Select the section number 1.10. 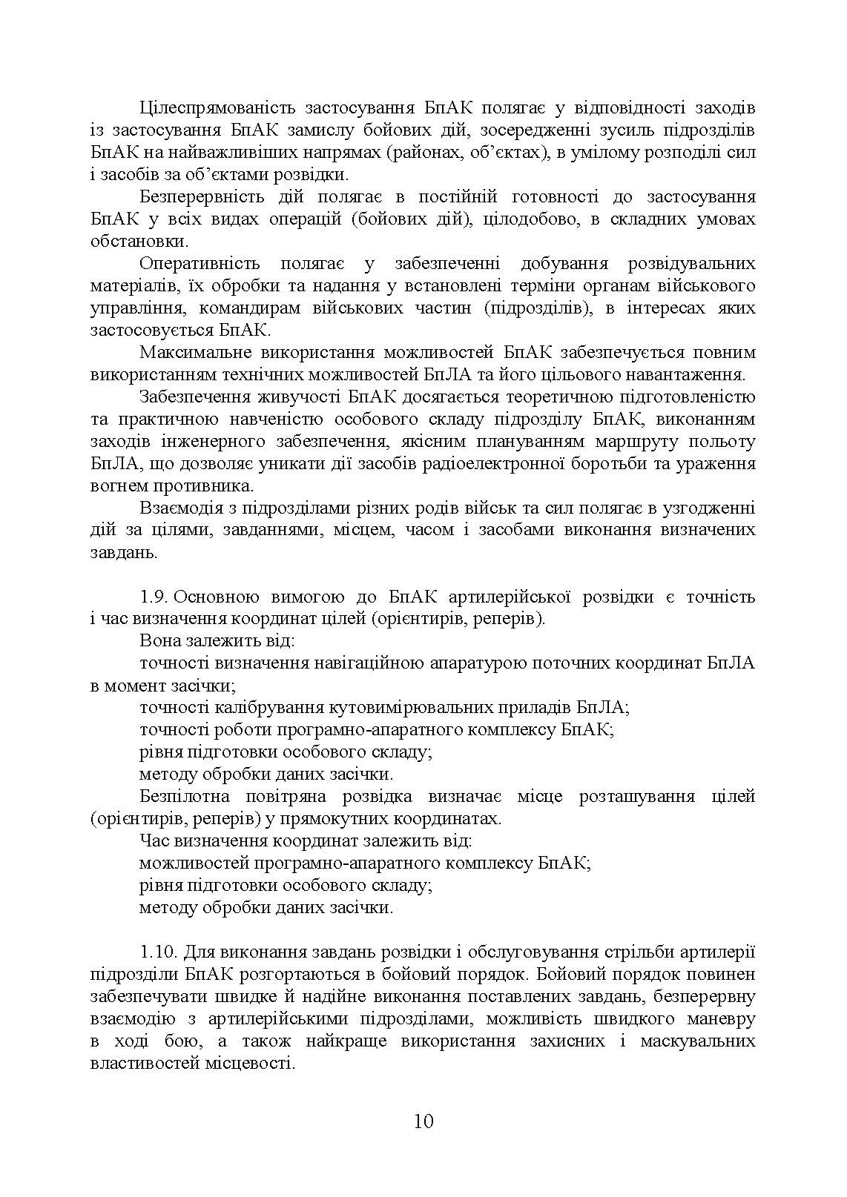159,952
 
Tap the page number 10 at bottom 423,1120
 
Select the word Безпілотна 185,797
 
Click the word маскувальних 696,1041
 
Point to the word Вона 159,641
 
